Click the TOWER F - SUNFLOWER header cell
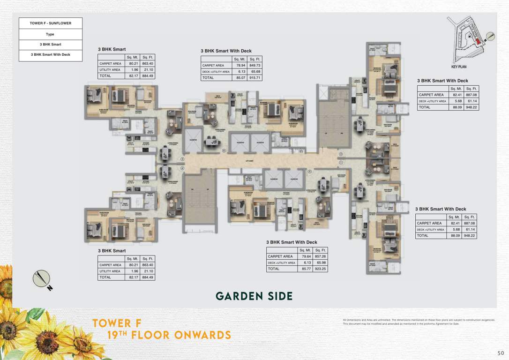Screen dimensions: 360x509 (x=51, y=23)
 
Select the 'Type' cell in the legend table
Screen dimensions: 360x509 (x=51, y=34)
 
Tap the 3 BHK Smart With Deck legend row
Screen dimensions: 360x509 (x=51, y=55)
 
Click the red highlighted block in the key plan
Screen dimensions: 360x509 (x=478, y=42)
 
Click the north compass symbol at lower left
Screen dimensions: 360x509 (x=42, y=279)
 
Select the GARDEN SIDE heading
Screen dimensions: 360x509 (x=254, y=296)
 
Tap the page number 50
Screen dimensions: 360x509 (x=501, y=352)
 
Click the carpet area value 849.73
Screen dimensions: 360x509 (x=255, y=66)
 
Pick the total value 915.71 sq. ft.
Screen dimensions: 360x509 (x=255, y=78)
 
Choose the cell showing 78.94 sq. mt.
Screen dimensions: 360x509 (x=240, y=66)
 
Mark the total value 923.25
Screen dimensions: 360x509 (x=321, y=269)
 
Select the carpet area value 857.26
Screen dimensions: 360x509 (x=321, y=256)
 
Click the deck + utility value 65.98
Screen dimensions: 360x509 (x=321, y=263)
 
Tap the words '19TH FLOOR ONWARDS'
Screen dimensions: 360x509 (x=169, y=336)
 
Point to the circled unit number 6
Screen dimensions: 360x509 (x=224, y=151)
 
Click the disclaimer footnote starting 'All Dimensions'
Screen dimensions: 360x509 (x=419, y=322)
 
